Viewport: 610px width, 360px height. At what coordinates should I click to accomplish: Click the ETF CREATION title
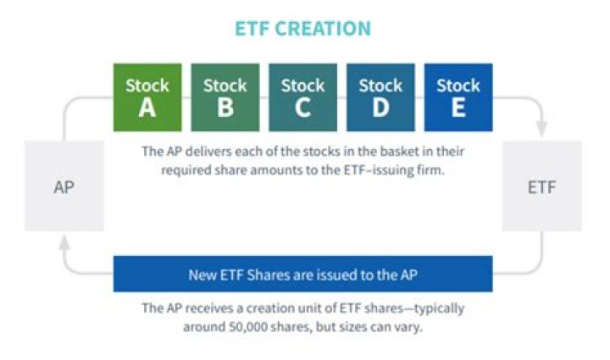point(303,29)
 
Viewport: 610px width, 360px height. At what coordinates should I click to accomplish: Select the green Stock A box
point(147,97)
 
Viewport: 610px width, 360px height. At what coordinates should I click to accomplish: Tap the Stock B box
point(225,97)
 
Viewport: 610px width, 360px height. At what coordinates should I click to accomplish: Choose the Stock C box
point(303,97)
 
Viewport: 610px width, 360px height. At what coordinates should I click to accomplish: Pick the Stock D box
point(381,97)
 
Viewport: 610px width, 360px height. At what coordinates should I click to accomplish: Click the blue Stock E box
point(458,97)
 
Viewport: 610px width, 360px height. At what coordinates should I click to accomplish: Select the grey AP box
point(64,186)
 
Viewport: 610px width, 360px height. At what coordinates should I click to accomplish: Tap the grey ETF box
point(542,186)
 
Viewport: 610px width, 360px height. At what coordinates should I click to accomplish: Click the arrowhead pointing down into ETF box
point(541,129)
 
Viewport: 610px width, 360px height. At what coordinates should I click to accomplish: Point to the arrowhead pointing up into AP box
point(64,243)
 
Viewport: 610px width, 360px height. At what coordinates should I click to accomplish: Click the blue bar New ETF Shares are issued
point(303,274)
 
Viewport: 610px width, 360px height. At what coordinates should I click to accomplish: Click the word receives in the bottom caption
point(208,307)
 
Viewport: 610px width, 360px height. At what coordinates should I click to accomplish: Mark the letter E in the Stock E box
point(458,108)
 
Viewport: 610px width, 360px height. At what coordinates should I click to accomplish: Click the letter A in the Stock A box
point(147,108)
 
